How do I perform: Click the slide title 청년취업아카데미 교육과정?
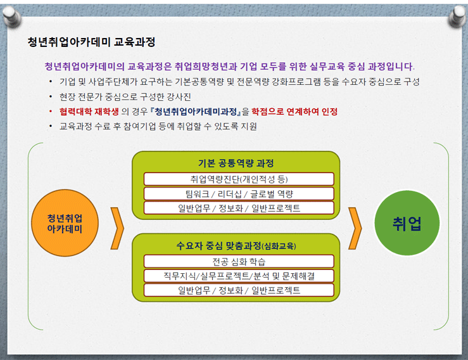click(x=91, y=42)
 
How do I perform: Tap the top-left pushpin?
click(x=11, y=16)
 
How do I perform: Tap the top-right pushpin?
click(x=458, y=16)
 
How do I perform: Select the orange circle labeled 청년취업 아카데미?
click(x=65, y=223)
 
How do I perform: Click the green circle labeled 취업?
click(x=407, y=223)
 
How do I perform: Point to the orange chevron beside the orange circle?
click(x=117, y=228)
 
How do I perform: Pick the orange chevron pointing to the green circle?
click(x=355, y=228)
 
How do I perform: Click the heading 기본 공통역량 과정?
click(x=236, y=163)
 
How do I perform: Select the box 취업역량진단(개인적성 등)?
click(x=239, y=179)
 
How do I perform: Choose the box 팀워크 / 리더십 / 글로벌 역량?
click(x=239, y=193)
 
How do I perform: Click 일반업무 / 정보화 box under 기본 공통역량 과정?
click(x=239, y=208)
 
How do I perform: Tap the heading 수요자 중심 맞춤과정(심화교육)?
click(x=236, y=246)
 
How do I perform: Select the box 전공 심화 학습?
click(x=239, y=261)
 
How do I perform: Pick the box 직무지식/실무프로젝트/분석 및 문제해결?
click(x=239, y=276)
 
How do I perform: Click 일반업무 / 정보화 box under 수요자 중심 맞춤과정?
click(x=239, y=290)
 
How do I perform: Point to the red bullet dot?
click(x=51, y=112)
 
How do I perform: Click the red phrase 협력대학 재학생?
click(x=89, y=112)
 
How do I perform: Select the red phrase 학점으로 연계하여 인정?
click(x=294, y=112)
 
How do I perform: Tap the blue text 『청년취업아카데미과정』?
click(x=196, y=112)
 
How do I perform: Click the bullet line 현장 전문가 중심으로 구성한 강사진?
click(x=125, y=97)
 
